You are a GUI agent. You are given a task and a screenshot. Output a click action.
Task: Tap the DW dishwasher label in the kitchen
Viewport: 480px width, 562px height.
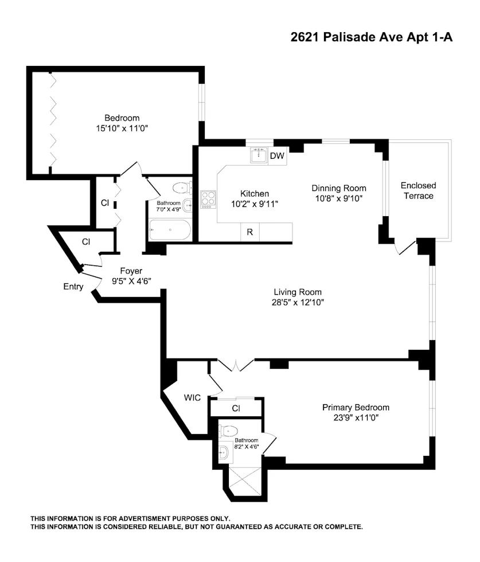pos(277,155)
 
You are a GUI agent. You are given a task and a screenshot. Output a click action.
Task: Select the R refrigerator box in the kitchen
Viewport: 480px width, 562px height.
pos(249,232)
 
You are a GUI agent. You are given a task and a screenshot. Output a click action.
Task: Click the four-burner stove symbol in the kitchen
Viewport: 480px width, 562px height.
pos(208,199)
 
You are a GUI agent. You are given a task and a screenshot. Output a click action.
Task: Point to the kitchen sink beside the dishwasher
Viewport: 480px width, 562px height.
pos(259,155)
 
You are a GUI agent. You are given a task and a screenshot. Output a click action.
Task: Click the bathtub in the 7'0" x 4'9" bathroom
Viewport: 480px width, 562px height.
pos(169,231)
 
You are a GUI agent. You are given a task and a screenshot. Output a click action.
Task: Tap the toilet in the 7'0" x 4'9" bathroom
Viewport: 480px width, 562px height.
pos(182,187)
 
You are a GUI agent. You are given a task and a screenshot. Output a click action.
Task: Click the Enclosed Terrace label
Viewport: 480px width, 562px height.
pos(418,190)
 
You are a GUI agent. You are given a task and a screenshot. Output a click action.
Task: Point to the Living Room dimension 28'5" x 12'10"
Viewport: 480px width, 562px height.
pos(297,302)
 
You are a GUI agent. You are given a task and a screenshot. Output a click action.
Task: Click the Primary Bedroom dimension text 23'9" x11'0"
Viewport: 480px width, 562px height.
pos(356,417)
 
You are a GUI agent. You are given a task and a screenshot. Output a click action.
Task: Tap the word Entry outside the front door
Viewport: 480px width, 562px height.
pos(73,287)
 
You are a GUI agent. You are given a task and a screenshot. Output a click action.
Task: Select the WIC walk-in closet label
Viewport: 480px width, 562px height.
pos(192,397)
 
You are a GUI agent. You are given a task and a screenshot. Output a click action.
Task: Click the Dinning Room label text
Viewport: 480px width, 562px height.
pos(338,188)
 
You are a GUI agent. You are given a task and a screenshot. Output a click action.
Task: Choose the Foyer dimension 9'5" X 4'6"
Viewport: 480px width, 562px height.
pos(131,281)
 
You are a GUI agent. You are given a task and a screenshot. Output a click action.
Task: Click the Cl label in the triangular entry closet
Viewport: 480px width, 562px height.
pos(85,242)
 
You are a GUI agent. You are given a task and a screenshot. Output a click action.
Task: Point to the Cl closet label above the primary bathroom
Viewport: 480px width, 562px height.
pos(236,408)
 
